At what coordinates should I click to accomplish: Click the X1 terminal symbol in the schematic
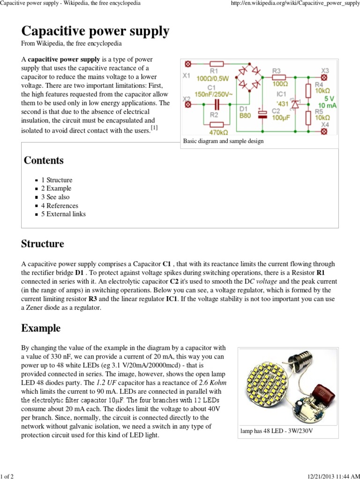(x=188, y=64)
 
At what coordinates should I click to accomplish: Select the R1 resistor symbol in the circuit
(x=217, y=64)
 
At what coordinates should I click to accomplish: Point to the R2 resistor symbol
(x=217, y=125)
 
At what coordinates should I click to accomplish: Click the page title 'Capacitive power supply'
(x=95, y=31)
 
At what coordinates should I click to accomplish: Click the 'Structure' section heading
(x=43, y=244)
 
